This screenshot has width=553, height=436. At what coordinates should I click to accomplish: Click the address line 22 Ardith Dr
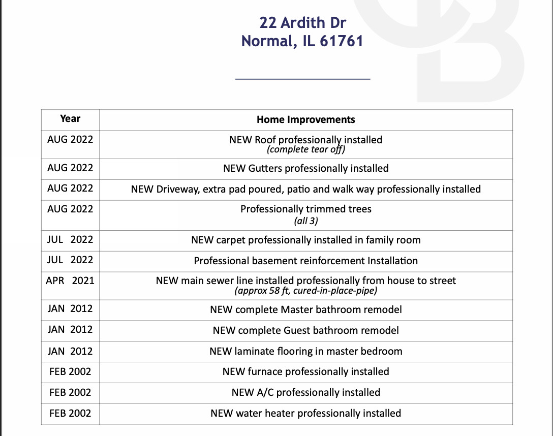(x=303, y=23)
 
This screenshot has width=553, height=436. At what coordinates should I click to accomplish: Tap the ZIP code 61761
(x=341, y=41)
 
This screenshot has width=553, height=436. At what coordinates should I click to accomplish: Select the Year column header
(x=70, y=119)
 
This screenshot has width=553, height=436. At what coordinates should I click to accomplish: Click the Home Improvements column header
(x=305, y=120)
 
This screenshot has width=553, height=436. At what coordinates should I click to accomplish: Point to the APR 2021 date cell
(x=70, y=281)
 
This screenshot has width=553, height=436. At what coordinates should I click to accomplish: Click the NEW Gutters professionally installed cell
(x=305, y=168)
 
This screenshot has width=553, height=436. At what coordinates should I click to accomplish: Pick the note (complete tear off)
(x=305, y=149)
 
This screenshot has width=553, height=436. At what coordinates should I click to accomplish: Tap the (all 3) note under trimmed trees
(x=305, y=221)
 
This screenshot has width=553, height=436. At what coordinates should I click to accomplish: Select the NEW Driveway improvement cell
(x=305, y=189)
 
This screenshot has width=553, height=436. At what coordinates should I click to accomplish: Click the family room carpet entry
(x=305, y=240)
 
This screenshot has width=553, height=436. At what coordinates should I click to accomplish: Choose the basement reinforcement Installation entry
(x=305, y=261)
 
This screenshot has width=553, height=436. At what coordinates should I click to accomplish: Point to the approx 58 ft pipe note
(x=305, y=291)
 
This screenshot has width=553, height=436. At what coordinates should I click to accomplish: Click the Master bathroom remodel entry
(x=305, y=309)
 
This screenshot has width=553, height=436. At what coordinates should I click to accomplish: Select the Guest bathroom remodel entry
(x=305, y=330)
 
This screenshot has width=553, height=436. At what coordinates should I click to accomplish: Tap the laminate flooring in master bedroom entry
(x=305, y=351)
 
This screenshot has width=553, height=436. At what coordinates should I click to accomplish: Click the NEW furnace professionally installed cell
(x=305, y=371)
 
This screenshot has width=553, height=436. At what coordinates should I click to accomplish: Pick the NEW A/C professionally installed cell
(x=305, y=392)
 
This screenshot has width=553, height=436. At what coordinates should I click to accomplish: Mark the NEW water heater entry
(x=305, y=413)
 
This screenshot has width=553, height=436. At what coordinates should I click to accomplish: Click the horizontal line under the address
(x=303, y=79)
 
